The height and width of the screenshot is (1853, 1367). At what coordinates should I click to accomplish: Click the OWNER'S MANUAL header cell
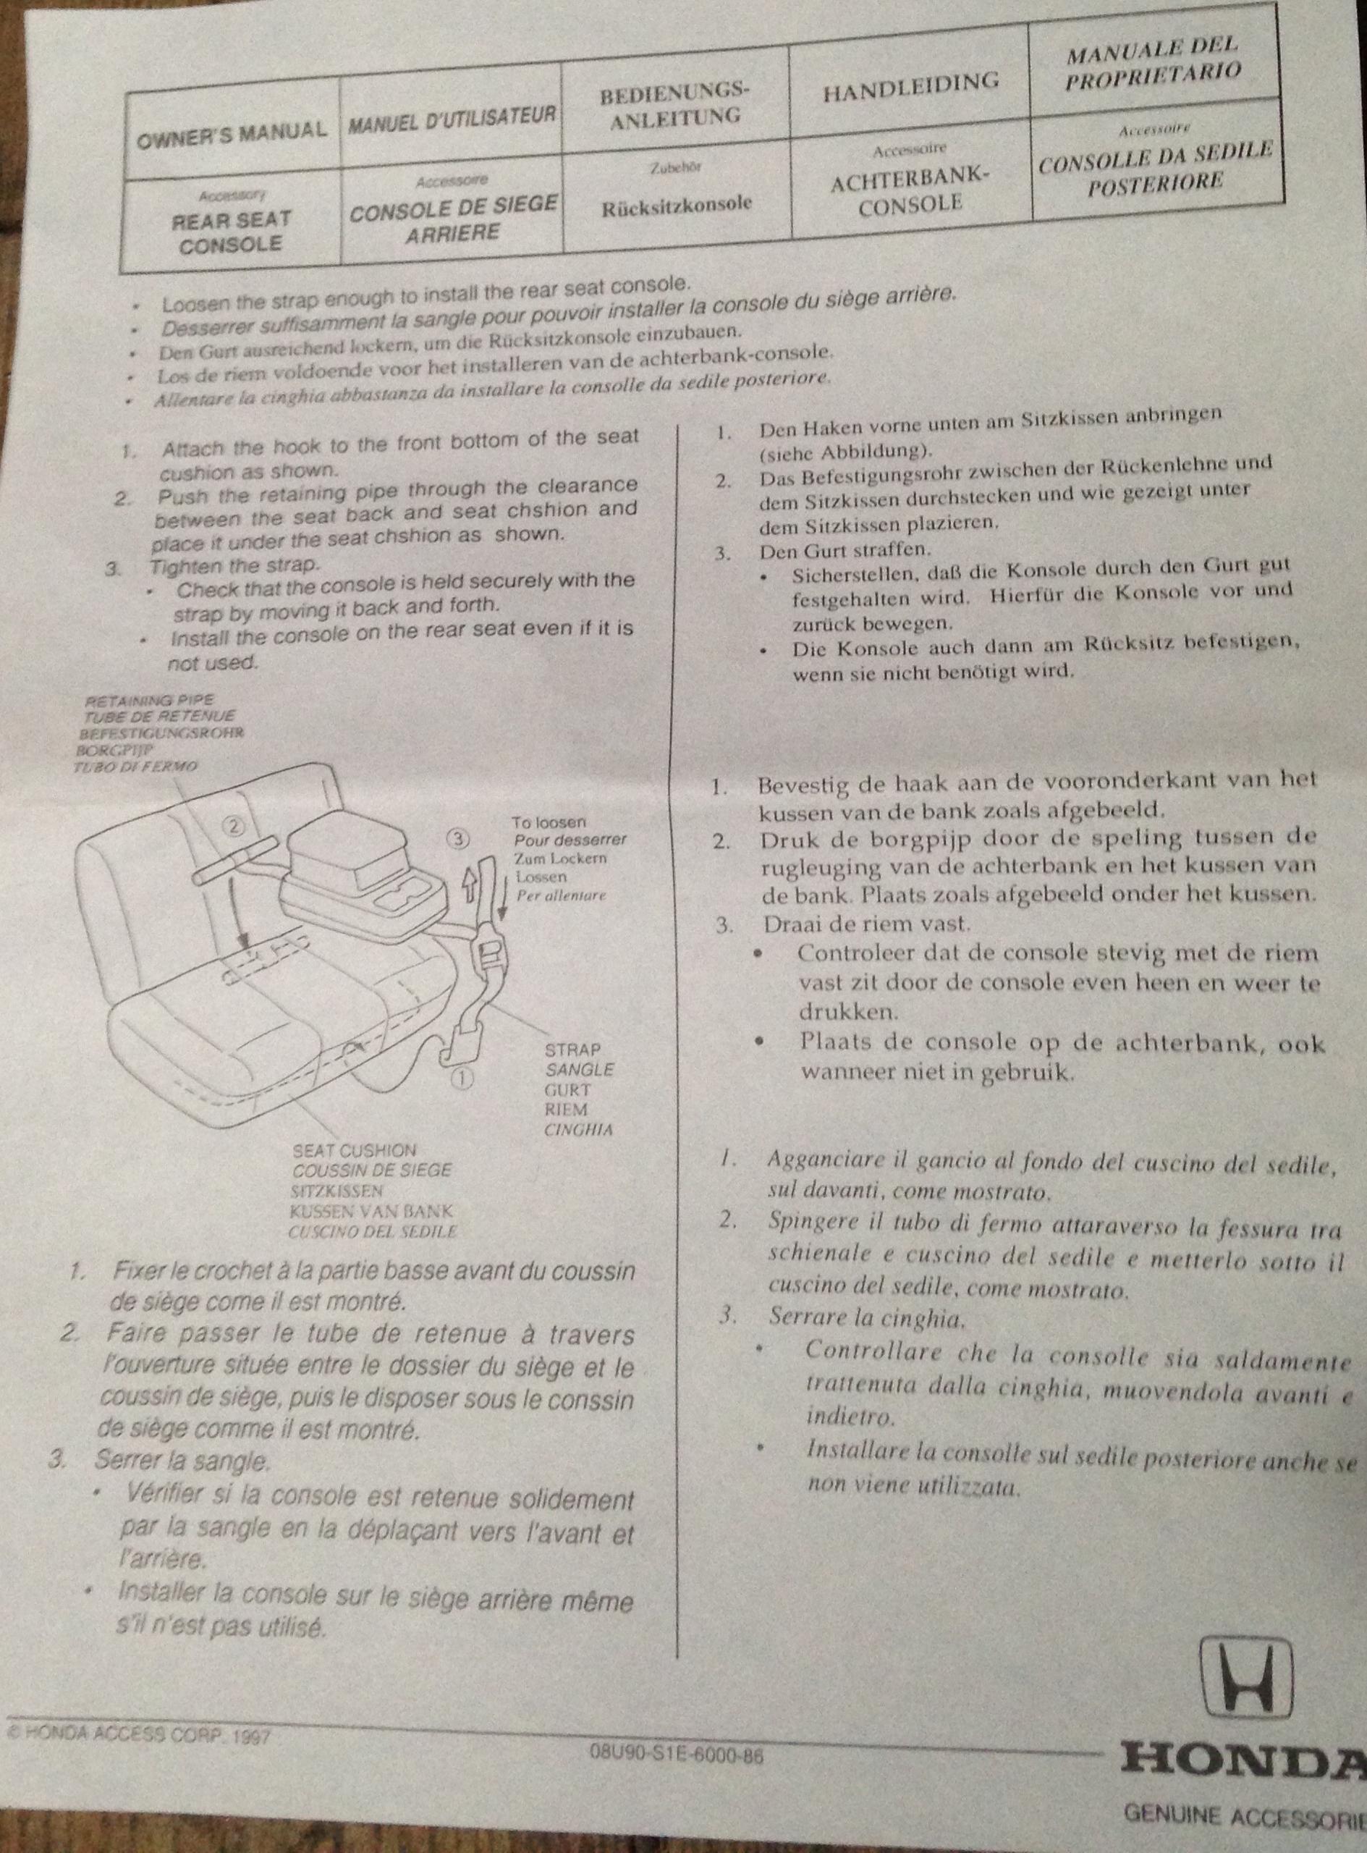click(x=232, y=131)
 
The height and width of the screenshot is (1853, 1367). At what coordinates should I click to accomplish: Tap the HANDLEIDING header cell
click(x=911, y=82)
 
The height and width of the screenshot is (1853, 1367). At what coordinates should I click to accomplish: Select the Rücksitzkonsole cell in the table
click(x=677, y=203)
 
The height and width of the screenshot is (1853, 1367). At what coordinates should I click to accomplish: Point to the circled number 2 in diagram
click(x=235, y=825)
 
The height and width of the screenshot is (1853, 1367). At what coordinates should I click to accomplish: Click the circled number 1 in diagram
click(x=462, y=1078)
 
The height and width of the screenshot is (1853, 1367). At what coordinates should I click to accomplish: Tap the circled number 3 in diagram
click(x=457, y=837)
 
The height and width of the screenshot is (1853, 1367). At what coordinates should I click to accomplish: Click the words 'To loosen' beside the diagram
click(x=549, y=823)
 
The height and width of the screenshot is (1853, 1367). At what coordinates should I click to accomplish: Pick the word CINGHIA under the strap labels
click(x=578, y=1129)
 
